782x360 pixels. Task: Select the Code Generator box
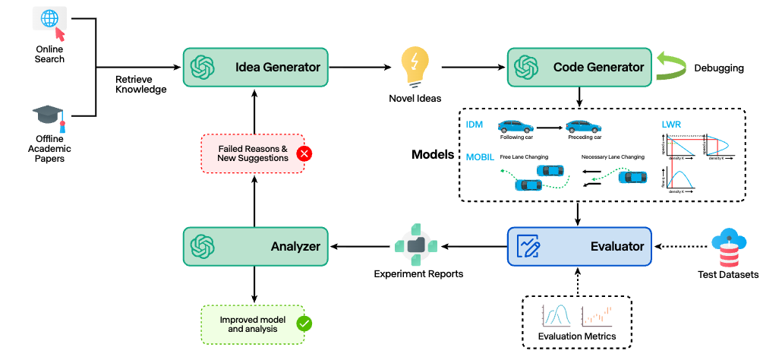click(x=579, y=67)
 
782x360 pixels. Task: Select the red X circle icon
click(x=304, y=153)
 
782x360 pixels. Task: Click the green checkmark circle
click(x=304, y=323)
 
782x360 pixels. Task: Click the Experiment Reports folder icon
click(x=415, y=245)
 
